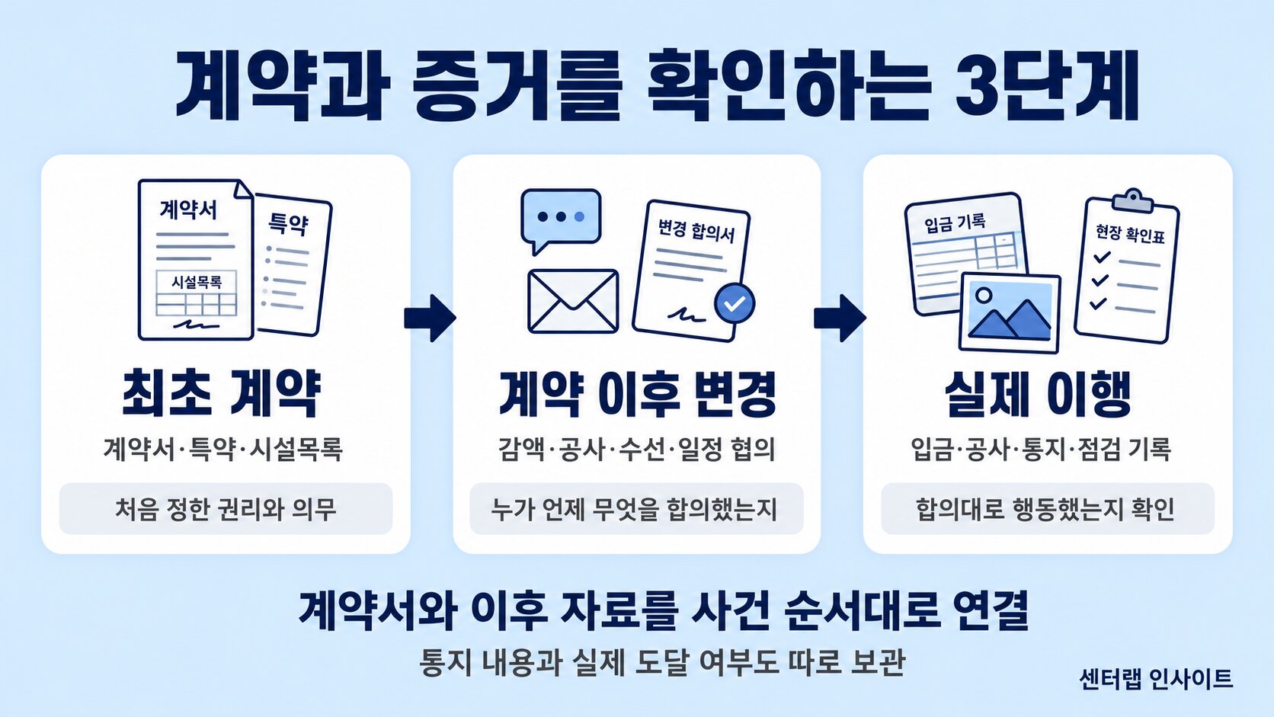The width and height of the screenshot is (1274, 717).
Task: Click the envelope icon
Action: (x=573, y=302)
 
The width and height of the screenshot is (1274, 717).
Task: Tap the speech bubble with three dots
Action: (x=561, y=219)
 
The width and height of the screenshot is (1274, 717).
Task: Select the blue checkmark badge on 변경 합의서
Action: (x=735, y=303)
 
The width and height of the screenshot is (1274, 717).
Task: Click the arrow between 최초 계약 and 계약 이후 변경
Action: (x=430, y=318)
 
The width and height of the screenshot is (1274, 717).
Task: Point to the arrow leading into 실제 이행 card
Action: (x=840, y=318)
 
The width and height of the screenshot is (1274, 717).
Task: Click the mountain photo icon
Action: (x=1010, y=312)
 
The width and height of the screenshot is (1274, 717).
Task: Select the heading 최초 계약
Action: (x=222, y=393)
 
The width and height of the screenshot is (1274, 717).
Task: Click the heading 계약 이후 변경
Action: (x=637, y=393)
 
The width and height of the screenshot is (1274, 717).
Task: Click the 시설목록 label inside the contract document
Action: (x=197, y=282)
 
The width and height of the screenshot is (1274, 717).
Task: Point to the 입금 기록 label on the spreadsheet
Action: (x=955, y=223)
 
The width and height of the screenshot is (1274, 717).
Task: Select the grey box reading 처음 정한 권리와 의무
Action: (x=226, y=508)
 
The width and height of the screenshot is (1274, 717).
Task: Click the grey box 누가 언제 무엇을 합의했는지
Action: (x=636, y=508)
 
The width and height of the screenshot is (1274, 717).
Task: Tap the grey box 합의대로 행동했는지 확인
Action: (x=1048, y=508)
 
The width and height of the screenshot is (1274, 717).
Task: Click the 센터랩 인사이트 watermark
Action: (x=1156, y=678)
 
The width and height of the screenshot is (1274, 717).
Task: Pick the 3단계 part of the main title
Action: (x=1046, y=86)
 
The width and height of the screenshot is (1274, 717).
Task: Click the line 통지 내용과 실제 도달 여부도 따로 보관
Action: (x=662, y=662)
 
